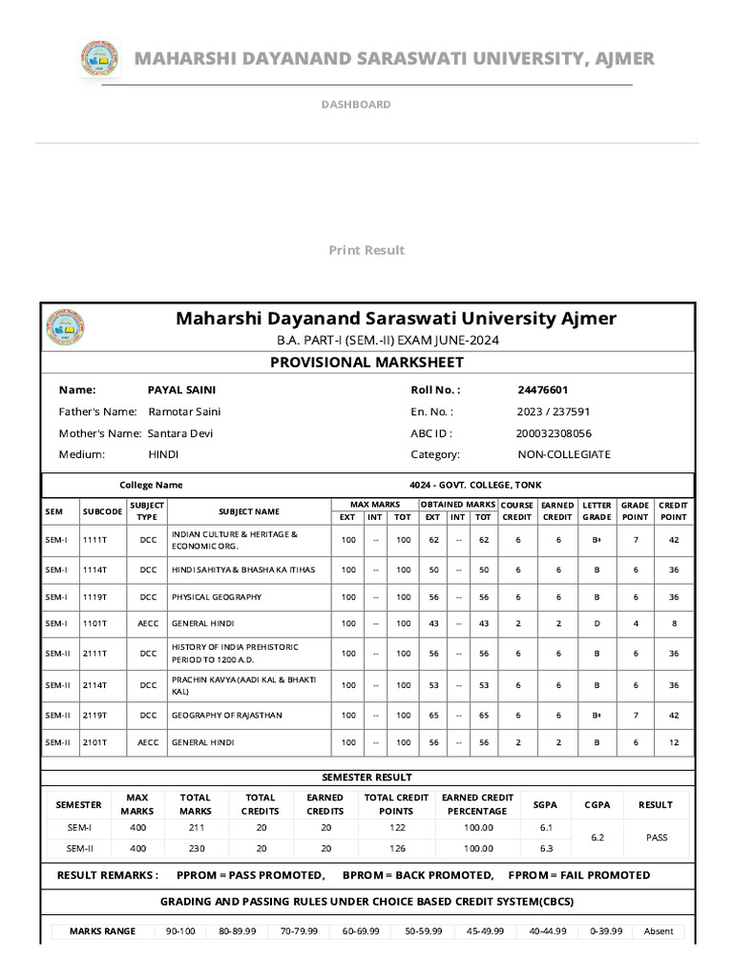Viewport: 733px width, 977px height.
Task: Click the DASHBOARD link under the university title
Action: (x=355, y=104)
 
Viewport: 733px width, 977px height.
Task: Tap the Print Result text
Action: (x=366, y=250)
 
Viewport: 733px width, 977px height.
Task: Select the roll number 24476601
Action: (x=543, y=389)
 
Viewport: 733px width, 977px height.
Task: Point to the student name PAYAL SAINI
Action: (x=181, y=389)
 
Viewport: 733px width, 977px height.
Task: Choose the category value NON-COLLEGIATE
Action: (x=563, y=454)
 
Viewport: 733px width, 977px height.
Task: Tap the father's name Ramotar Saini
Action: (x=184, y=411)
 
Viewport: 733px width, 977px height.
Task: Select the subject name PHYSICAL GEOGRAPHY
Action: (x=217, y=597)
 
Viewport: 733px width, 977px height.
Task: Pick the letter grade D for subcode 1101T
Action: (x=597, y=624)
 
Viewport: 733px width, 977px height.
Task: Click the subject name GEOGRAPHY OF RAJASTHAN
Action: (x=227, y=715)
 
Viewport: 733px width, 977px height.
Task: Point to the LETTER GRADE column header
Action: (x=597, y=510)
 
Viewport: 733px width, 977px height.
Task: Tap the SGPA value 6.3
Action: (x=546, y=848)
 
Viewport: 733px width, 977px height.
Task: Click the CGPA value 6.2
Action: (x=597, y=837)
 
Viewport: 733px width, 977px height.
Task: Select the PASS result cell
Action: (x=656, y=837)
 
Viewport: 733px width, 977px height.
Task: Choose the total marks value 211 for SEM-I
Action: (x=196, y=827)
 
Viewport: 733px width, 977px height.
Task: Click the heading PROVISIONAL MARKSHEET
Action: (x=367, y=362)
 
